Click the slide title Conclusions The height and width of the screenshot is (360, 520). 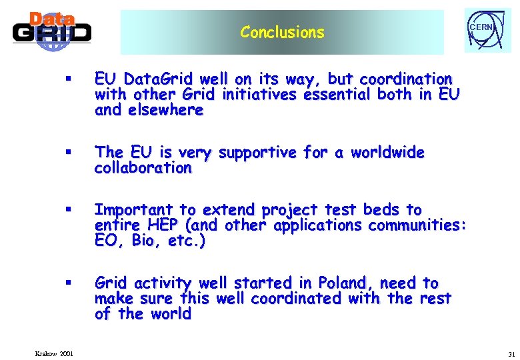pyautogui.click(x=282, y=32)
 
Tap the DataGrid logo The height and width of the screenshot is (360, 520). pyautogui.click(x=52, y=31)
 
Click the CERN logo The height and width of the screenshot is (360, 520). pyautogui.click(x=487, y=31)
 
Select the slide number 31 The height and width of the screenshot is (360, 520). pyautogui.click(x=511, y=353)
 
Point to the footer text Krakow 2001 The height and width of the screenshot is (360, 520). pyautogui.click(x=54, y=353)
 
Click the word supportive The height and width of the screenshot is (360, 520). pyautogui.click(x=256, y=153)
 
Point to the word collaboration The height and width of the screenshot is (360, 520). pyautogui.click(x=143, y=168)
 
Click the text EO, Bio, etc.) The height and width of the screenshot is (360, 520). pyautogui.click(x=150, y=241)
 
